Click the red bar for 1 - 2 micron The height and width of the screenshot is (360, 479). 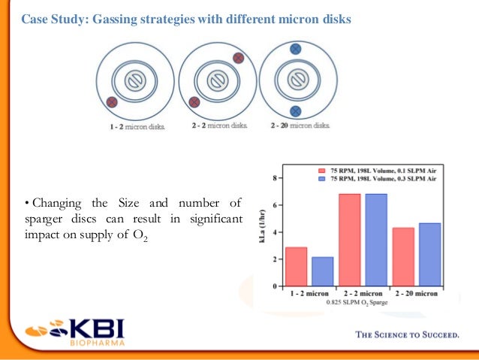pyautogui.click(x=296, y=267)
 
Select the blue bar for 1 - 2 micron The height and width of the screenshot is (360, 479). pyautogui.click(x=322, y=271)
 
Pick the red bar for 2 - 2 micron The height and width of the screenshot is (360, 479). pyautogui.click(x=350, y=240)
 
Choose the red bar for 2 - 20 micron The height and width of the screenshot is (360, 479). pyautogui.click(x=403, y=257)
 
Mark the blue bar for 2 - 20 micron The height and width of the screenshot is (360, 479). pyautogui.click(x=429, y=255)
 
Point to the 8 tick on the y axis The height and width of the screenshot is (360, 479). pyautogui.click(x=276, y=178)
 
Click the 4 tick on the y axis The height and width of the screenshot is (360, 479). pyautogui.click(x=276, y=232)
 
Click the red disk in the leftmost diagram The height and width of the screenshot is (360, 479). pyautogui.click(x=112, y=101)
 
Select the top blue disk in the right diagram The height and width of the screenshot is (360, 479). pyautogui.click(x=295, y=47)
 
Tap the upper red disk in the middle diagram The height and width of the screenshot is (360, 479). pyautogui.click(x=238, y=58)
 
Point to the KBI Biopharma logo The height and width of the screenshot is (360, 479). pyautogui.click(x=75, y=331)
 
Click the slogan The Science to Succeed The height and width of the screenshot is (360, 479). pyautogui.click(x=406, y=335)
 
